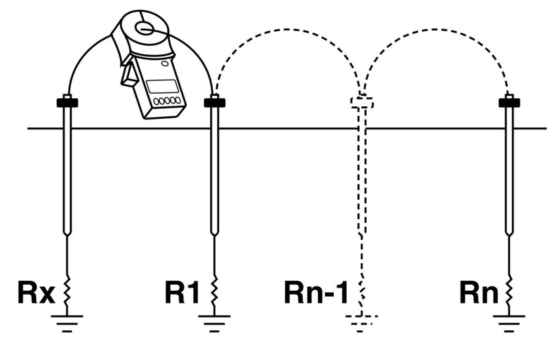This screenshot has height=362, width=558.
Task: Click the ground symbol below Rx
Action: [x=67, y=324]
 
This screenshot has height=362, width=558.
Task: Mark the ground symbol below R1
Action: [x=215, y=324]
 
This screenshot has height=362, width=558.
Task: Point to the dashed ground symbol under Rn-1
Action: [x=362, y=324]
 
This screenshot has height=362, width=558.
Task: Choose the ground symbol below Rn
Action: [x=509, y=324]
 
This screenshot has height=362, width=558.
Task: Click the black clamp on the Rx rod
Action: [x=67, y=103]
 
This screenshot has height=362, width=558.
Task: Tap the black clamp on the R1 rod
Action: [x=215, y=103]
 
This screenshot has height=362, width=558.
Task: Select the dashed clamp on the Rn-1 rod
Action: [x=362, y=103]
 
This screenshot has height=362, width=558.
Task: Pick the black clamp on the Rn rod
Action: [x=509, y=103]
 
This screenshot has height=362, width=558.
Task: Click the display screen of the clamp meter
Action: [x=162, y=86]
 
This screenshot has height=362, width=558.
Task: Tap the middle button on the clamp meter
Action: [x=167, y=101]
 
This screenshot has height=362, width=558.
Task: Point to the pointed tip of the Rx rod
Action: [x=67, y=236]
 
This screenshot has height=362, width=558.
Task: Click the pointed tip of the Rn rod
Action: [x=509, y=236]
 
